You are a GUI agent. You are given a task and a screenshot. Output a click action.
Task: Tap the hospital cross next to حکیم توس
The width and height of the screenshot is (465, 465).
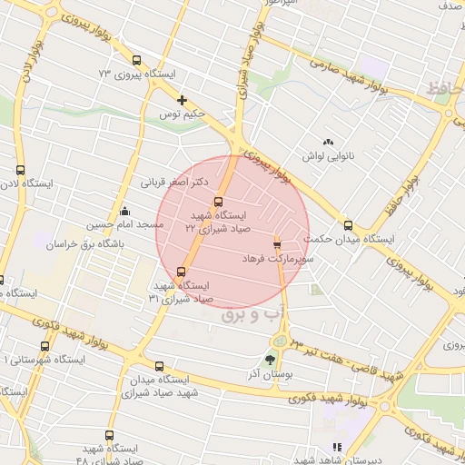pos(183,100)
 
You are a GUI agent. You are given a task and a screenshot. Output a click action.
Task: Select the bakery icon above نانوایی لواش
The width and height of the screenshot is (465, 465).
pos(328,143)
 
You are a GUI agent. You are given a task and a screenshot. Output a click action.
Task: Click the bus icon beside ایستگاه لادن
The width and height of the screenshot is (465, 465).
pos(21,169)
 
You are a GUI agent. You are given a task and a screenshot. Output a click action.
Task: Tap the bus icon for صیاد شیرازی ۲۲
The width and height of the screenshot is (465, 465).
pos(218,202)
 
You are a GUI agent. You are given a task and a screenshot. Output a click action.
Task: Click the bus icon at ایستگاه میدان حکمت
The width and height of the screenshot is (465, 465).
pos(348,225)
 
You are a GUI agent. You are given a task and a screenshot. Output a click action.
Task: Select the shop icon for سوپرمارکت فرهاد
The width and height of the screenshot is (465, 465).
pos(277,244)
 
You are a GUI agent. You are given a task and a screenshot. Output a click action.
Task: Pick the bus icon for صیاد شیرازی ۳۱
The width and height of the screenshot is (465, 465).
pos(181,271)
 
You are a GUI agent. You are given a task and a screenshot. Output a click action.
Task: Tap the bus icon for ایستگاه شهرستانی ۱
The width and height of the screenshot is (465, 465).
pos(45,344)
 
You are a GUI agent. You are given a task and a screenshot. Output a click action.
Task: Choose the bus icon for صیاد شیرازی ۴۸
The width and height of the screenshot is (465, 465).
pos(110,435)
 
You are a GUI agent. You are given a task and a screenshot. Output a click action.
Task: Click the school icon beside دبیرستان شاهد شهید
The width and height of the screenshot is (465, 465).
pos(337,447)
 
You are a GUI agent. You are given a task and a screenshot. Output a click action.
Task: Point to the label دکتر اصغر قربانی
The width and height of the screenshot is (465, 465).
pos(172,182)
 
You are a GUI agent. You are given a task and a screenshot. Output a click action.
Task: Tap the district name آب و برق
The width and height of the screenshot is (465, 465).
pos(253,313)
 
